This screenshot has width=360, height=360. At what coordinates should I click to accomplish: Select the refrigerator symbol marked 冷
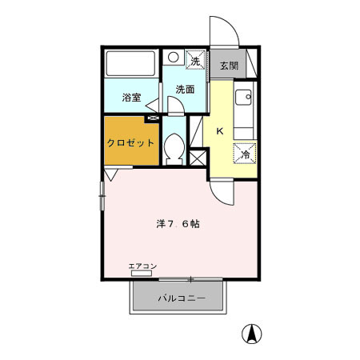pyautogui.click(x=245, y=153)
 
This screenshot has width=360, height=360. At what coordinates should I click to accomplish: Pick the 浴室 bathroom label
pyautogui.click(x=131, y=98)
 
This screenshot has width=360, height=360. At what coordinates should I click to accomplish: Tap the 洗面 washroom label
pyautogui.click(x=185, y=90)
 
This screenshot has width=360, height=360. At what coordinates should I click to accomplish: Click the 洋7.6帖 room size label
pyautogui.click(x=178, y=224)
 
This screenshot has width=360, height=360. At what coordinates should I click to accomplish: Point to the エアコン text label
pyautogui.click(x=142, y=266)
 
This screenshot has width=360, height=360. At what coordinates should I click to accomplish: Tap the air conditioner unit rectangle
pyautogui.click(x=142, y=274)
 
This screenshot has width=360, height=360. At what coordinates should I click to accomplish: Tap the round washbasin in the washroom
pyautogui.click(x=174, y=58)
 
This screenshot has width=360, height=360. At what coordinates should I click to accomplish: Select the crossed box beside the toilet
pyautogui.click(x=197, y=157)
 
